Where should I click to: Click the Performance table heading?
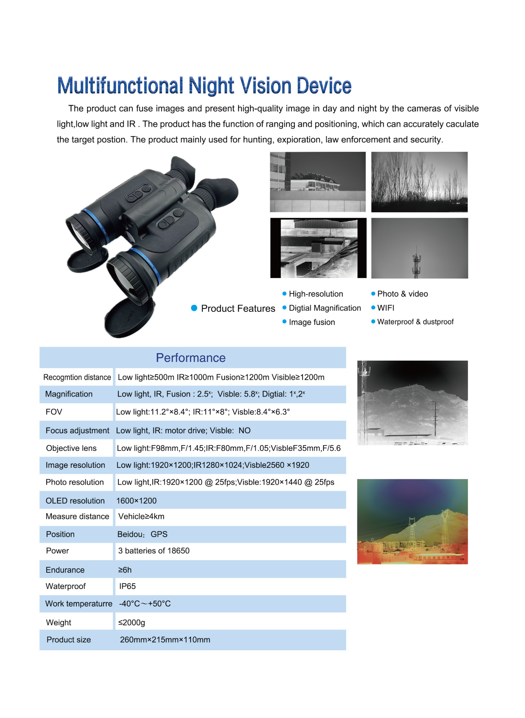click(x=190, y=358)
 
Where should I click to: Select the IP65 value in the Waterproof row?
click(x=127, y=586)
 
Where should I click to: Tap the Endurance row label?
click(x=65, y=570)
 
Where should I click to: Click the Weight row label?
click(x=58, y=622)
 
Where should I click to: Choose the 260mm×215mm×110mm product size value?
click(x=165, y=639)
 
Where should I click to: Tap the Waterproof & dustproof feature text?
click(x=415, y=322)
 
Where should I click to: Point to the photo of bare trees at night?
click(x=419, y=182)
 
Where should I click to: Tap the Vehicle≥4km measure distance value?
click(x=141, y=516)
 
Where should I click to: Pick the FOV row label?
click(x=54, y=412)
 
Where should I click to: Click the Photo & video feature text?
click(x=402, y=294)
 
